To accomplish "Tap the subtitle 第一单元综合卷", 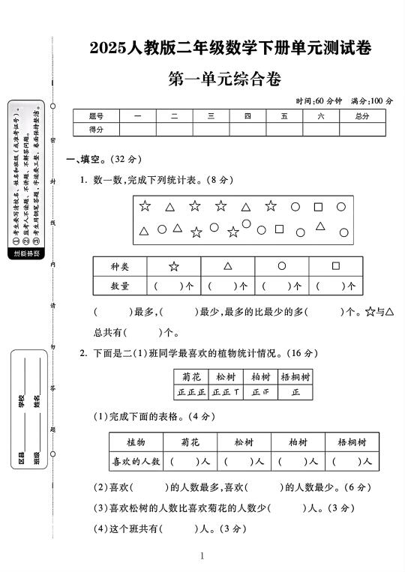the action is pyautogui.click(x=226, y=79).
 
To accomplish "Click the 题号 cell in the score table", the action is pyautogui.click(x=96, y=116).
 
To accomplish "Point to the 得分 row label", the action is pyautogui.click(x=96, y=129).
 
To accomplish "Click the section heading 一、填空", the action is pyautogui.click(x=87, y=159).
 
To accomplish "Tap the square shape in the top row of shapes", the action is pyautogui.click(x=318, y=206).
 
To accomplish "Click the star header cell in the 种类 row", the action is pyautogui.click(x=174, y=266).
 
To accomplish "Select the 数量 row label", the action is pyautogui.click(x=120, y=286).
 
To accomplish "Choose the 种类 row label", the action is pyautogui.click(x=120, y=266).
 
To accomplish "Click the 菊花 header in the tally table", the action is pyautogui.click(x=190, y=376).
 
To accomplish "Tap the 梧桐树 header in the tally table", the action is pyautogui.click(x=295, y=376).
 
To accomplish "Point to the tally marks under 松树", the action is pyautogui.click(x=226, y=392).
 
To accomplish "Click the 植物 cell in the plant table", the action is pyautogui.click(x=136, y=442).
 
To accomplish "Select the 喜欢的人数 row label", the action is pyautogui.click(x=136, y=462).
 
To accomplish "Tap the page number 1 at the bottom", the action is pyautogui.click(x=202, y=556).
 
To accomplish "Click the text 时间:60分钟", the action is pyautogui.click(x=319, y=101).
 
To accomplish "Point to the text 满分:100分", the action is pyautogui.click(x=371, y=101).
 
